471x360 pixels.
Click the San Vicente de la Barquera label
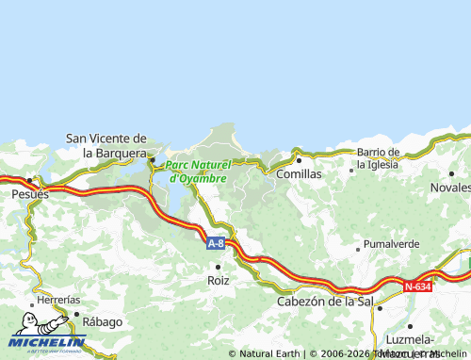coord(106,145)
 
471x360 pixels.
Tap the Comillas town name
coord(299,174)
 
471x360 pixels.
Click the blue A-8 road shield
coord(216,243)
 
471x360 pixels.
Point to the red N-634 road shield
coord(417,286)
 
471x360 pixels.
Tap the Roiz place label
coord(219,280)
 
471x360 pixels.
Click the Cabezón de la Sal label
coord(325,302)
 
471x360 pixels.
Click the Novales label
coord(450,188)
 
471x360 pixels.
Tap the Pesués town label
coord(30,192)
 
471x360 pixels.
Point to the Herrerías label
coord(58,300)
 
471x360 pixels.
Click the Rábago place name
coord(102,321)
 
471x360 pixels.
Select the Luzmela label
coord(410,339)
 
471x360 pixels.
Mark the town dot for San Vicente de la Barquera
coord(152,159)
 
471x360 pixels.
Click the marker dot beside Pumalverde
coord(357,249)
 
